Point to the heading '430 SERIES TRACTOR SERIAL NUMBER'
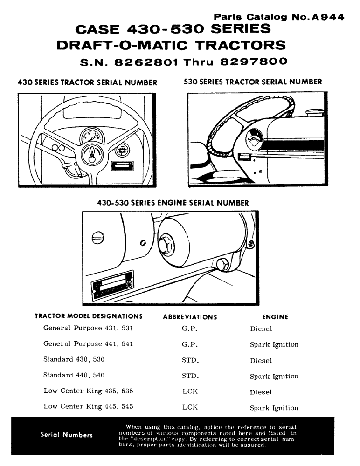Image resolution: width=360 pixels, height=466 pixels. (86, 82)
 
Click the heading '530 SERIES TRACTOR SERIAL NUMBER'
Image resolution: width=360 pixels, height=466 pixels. (253, 82)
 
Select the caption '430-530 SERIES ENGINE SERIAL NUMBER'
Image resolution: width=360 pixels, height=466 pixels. (173, 203)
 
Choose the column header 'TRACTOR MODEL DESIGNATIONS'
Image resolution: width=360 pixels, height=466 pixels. (89, 316)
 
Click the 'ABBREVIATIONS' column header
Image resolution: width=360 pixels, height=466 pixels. (190, 317)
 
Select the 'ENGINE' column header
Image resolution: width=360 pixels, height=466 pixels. (275, 317)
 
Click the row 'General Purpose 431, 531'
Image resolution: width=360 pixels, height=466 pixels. (88, 328)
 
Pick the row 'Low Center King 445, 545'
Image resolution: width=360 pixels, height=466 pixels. (88, 406)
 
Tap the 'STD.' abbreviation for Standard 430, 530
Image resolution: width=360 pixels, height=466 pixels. (190, 360)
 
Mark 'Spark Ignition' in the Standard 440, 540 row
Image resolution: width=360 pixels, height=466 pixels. (274, 376)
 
